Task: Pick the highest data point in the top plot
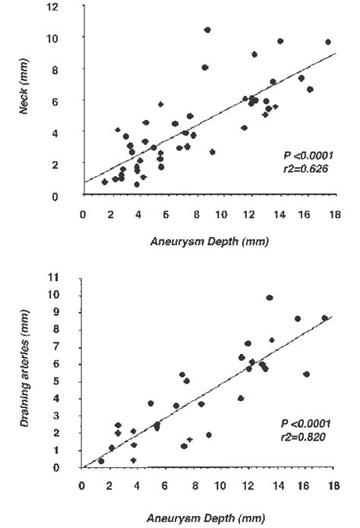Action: [207, 30]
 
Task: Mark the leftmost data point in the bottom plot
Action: [101, 461]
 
